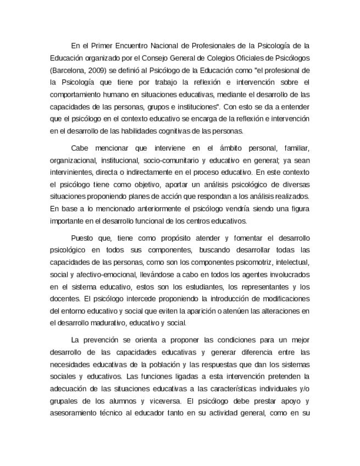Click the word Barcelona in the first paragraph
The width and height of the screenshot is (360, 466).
68,71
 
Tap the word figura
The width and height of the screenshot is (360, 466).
300,209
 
